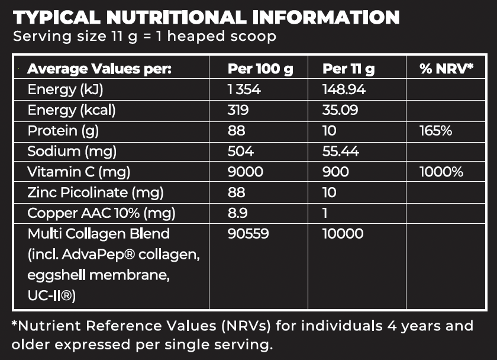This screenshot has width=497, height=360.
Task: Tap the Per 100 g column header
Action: coord(260,69)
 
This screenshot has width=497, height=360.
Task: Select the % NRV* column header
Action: coord(447,69)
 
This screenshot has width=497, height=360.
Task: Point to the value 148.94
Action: coord(344,90)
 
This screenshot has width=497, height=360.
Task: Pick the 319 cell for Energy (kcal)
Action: coord(238,110)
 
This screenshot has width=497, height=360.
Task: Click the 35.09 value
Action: coord(340,110)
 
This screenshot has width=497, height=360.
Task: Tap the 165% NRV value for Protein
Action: coord(435,131)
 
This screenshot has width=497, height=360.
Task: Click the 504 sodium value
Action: coord(240,152)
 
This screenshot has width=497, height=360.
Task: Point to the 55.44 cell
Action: coord(341,152)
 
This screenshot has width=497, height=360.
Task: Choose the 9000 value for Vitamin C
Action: coord(244,172)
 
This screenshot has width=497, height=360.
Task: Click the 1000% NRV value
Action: coord(441,172)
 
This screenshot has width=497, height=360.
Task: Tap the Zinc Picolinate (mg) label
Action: coord(95,192)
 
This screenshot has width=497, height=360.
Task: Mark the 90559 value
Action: coord(248,234)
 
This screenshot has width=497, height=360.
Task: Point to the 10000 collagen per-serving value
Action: coord(343,234)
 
